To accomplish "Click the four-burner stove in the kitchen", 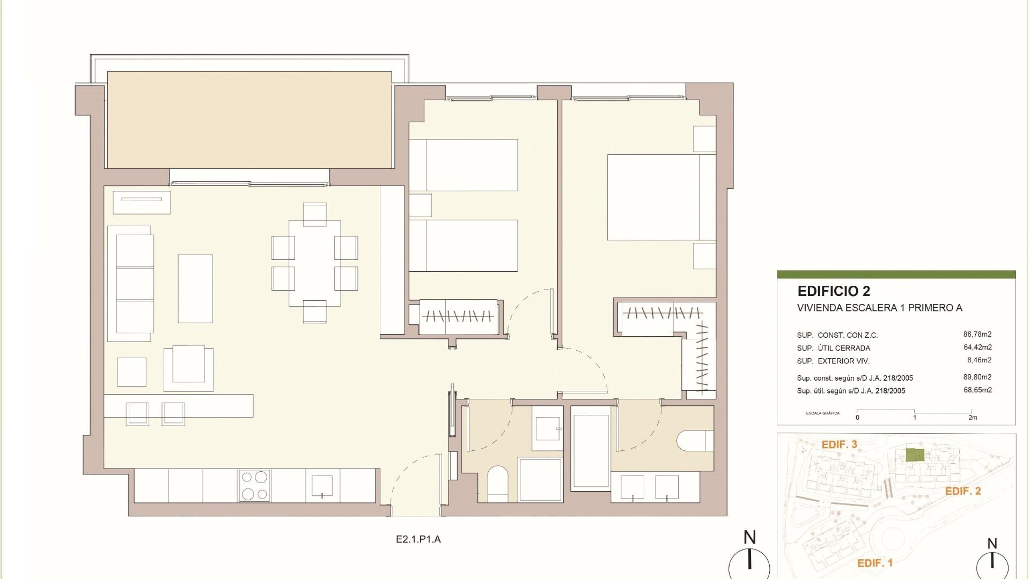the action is point(255,485).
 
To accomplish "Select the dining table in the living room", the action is point(314,263).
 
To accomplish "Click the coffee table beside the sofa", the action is point(195,288).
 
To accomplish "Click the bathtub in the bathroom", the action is point(591,449).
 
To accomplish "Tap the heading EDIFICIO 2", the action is point(834,291).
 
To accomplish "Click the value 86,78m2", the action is point(977,335).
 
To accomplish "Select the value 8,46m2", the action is point(980,360).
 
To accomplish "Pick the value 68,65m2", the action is point(977,390).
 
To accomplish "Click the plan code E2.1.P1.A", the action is point(418,539).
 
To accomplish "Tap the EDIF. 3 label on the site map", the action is point(840,444).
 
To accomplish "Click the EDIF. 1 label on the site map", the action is point(875,563).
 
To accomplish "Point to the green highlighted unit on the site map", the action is point(915,455).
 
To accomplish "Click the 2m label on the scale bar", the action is point(973,418).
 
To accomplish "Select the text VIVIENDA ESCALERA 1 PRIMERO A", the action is point(880,308).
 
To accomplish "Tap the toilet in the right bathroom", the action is point(696,441).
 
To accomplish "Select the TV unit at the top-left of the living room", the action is point(142,202).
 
